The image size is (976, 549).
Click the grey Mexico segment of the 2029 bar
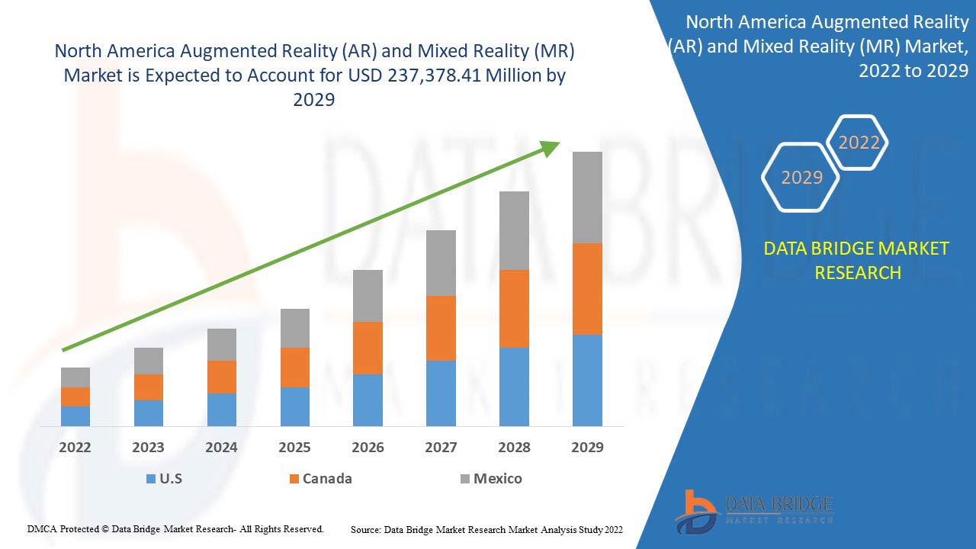tap(587, 197)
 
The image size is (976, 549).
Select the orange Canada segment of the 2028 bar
tap(514, 308)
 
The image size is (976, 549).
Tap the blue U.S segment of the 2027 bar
tap(441, 393)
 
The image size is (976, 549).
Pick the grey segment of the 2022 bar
tap(75, 377)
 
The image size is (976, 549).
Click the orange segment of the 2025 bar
tap(295, 367)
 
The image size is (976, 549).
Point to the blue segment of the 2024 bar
tap(222, 409)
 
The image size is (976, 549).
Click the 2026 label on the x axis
tap(368, 448)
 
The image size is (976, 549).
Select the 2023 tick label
tap(148, 448)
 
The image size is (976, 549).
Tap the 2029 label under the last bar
tap(587, 448)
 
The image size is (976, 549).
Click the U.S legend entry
tap(164, 479)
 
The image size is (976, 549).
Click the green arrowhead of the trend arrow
tap(551, 148)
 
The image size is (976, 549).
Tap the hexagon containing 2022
tap(859, 143)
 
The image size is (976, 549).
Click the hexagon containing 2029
tap(801, 177)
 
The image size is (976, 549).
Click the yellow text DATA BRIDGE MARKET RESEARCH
tap(857, 260)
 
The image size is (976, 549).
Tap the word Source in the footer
tap(365, 529)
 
